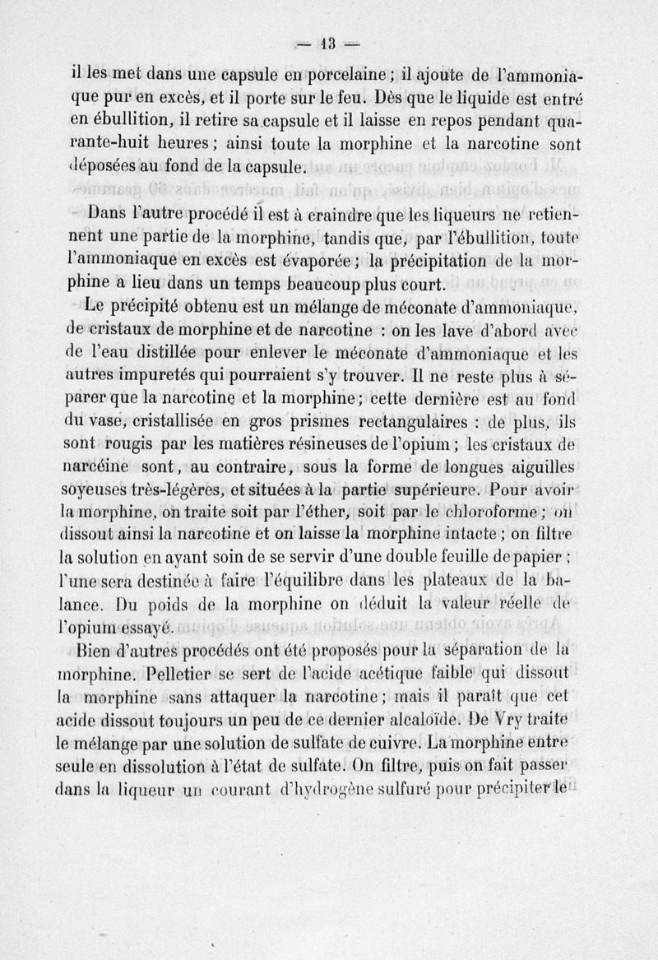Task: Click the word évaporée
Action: (x=321, y=263)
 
